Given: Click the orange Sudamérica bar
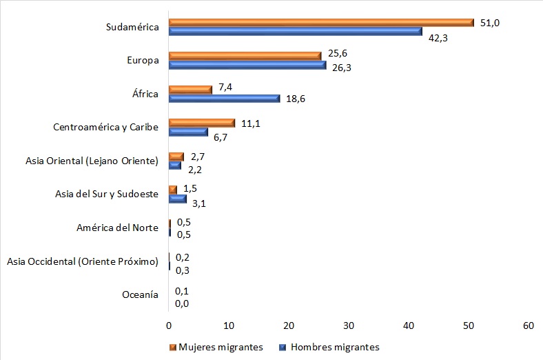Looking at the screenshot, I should [x=321, y=23].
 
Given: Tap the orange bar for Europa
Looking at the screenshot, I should [x=245, y=56].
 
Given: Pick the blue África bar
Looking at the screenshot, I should [x=224, y=99].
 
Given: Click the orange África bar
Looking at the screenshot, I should [x=190, y=90].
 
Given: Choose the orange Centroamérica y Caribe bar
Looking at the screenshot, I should [x=201, y=123].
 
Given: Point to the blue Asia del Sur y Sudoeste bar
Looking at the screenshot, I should [x=177, y=199].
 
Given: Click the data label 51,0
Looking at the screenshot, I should [x=489, y=23].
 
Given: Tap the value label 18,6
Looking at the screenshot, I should [x=295, y=99].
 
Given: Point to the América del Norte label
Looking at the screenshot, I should [x=118, y=228].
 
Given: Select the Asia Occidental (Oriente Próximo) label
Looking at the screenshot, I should [x=83, y=261].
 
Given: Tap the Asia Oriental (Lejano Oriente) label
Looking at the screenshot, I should [x=92, y=161].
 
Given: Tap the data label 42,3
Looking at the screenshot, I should [x=438, y=37].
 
